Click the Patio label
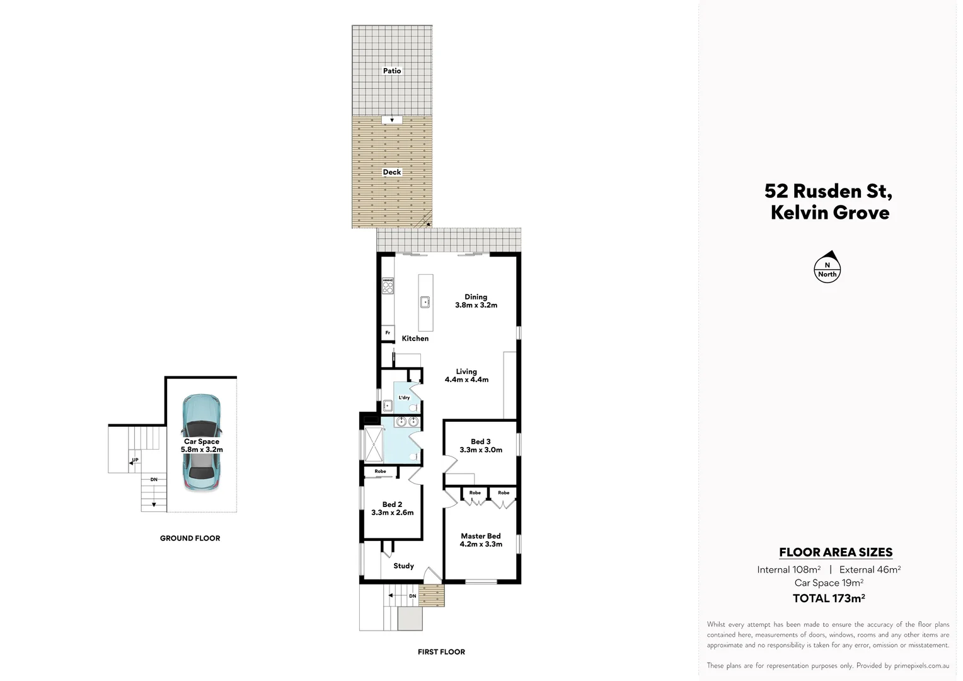pos(392,71)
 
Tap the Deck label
pos(392,172)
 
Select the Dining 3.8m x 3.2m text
pos(476,301)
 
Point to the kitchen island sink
pos(426,302)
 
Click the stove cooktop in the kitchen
pos(388,286)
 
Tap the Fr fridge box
pos(388,333)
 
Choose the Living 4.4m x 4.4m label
pos(466,376)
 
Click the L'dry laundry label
pos(404,397)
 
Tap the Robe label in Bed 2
pos(380,472)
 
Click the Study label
pos(403,566)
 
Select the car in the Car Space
pos(201,443)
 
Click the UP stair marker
pos(134,460)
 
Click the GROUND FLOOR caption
pos(190,538)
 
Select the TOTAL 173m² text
pos(828,598)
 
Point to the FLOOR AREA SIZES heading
pos(836,552)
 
